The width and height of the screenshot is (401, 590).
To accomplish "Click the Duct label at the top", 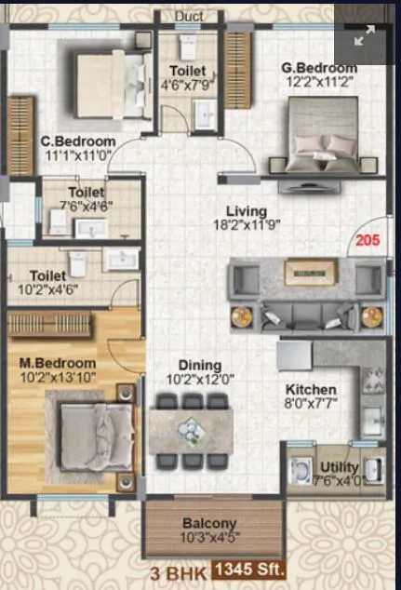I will pyautogui.click(x=189, y=16).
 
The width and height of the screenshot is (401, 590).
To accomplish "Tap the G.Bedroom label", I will pyautogui.click(x=319, y=69).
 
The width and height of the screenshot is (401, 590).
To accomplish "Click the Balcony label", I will pyautogui.click(x=209, y=523).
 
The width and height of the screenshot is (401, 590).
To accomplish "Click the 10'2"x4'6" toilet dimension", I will pyautogui.click(x=47, y=289).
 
